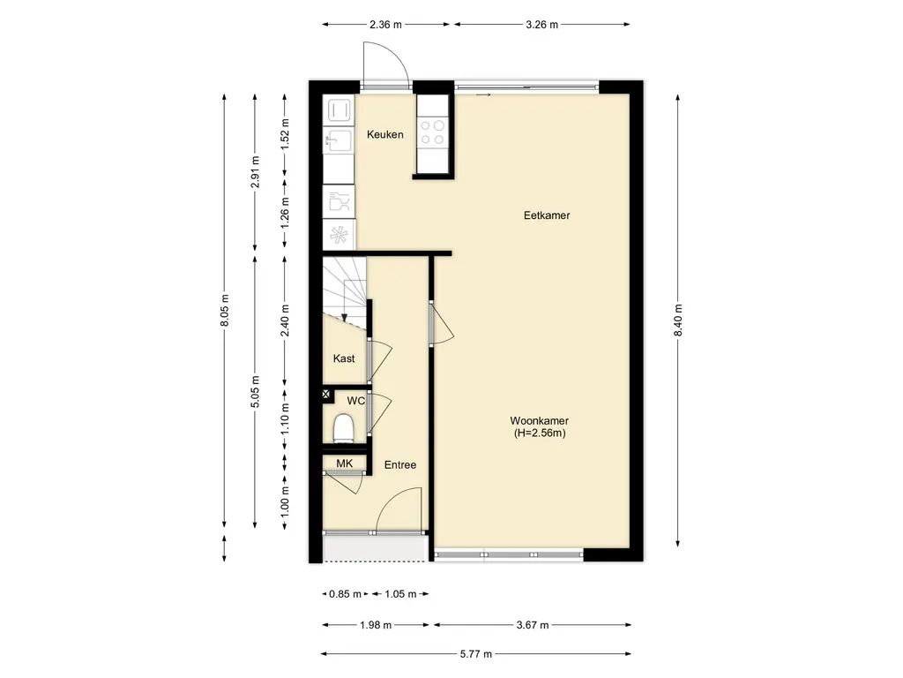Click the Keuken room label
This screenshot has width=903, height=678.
385,134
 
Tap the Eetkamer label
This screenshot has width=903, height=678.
547,215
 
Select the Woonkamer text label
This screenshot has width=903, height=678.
539,421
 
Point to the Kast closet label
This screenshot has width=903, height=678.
344,358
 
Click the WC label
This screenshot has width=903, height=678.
355,401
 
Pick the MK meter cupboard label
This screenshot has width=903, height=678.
345,463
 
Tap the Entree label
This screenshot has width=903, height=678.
400,464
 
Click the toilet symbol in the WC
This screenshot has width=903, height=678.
344,428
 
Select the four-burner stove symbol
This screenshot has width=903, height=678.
432,132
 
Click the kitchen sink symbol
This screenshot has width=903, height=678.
338,139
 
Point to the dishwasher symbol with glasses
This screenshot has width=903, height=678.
339,202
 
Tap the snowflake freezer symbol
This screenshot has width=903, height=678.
339,235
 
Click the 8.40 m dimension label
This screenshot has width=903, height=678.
678,320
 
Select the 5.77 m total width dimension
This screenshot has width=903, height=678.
475,654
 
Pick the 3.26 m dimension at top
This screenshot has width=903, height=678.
542,24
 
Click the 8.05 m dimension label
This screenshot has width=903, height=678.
225,310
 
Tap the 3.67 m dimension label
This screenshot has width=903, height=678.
533,624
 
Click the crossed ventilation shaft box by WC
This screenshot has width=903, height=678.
326,395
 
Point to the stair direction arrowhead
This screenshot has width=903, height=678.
344,317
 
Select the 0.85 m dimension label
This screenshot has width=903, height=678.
345,594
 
